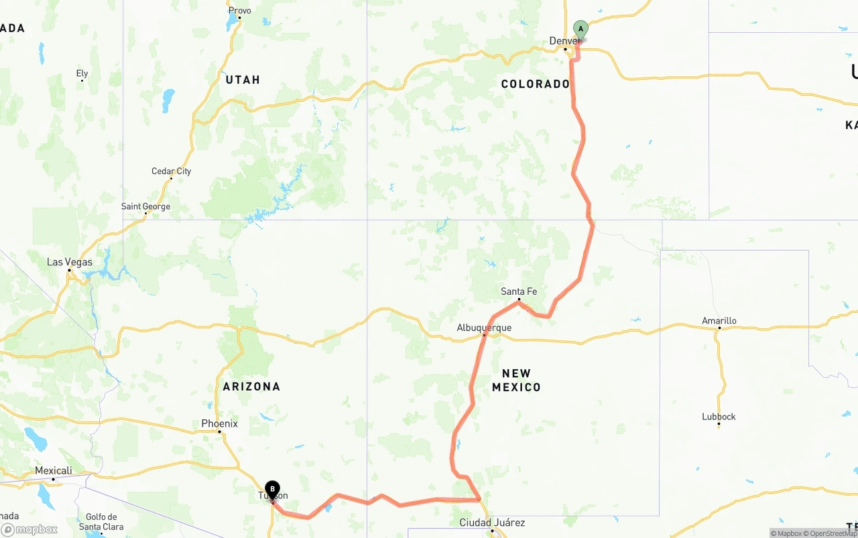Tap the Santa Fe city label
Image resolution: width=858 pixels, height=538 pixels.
coord(519,291)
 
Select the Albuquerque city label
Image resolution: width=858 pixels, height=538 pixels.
coord(484,328)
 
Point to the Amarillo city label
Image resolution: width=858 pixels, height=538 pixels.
coord(719,321)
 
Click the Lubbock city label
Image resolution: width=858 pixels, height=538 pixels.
coord(719,417)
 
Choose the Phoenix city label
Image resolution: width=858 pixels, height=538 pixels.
coord(219,423)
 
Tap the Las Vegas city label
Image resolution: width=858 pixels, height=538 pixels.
coord(70,262)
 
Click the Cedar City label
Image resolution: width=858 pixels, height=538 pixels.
coord(171,171)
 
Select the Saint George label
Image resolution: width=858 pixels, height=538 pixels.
coord(145,206)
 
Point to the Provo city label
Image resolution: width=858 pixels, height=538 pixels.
coord(239,11)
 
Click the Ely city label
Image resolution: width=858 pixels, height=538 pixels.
coord(82,74)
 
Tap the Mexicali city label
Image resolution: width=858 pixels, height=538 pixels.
coord(53,471)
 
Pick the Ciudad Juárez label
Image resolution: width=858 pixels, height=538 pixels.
coord(492,523)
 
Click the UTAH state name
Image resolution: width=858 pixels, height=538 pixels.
coord(243,80)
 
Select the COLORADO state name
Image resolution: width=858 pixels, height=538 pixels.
coord(535,84)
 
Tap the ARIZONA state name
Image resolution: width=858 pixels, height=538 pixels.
coord(251,387)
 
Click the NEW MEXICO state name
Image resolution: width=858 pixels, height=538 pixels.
coord(516,380)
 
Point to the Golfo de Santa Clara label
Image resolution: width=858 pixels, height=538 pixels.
coord(101,522)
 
